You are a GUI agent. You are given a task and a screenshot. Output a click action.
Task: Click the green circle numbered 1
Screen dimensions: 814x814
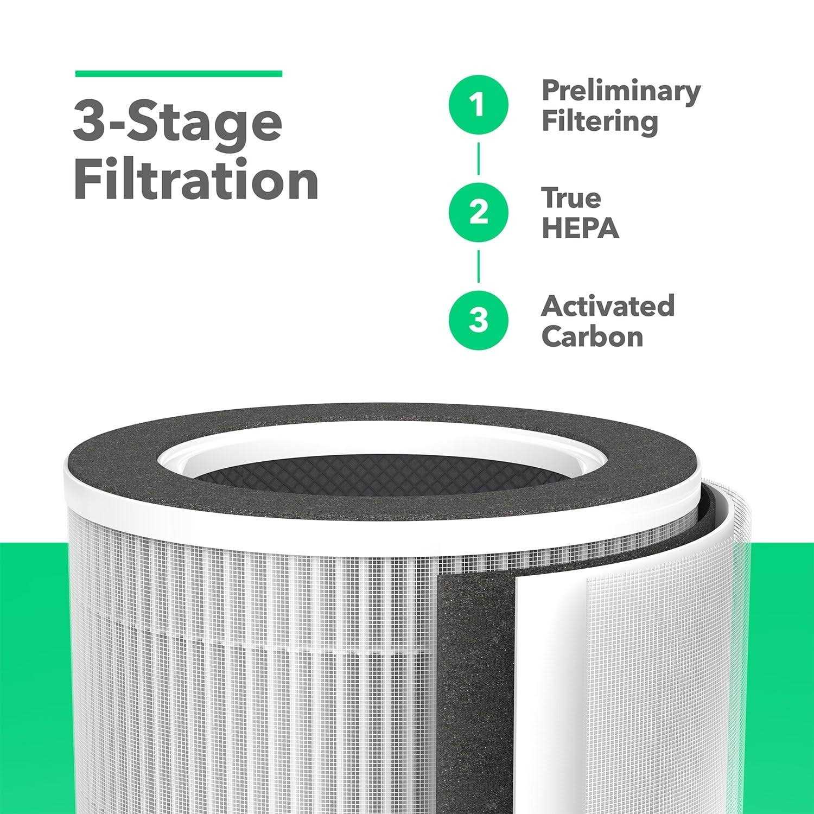pos(478,105)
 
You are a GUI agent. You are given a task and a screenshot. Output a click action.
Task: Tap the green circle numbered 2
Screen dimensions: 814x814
pos(478,212)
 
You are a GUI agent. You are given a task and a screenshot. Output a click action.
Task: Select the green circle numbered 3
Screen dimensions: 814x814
pos(478,320)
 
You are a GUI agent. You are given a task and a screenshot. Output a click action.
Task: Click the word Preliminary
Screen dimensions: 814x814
pos(621,91)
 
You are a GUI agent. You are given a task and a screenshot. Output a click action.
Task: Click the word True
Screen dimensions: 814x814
pos(571,198)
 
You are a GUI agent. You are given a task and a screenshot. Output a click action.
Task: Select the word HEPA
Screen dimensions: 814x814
pos(580,228)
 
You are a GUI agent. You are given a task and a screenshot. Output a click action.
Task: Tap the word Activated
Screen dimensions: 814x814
pos(608,306)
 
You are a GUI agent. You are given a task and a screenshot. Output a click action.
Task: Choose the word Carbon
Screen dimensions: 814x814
pos(592,336)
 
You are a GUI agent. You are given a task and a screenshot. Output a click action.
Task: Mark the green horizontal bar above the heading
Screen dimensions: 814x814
pos(178,74)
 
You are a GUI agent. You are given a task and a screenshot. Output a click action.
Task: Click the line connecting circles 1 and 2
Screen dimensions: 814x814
pos(478,158)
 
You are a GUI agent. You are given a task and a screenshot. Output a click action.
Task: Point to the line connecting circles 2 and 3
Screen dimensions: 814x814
pos(478,266)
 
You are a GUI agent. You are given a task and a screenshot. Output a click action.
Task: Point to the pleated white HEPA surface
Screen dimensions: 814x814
pos(244,678)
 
